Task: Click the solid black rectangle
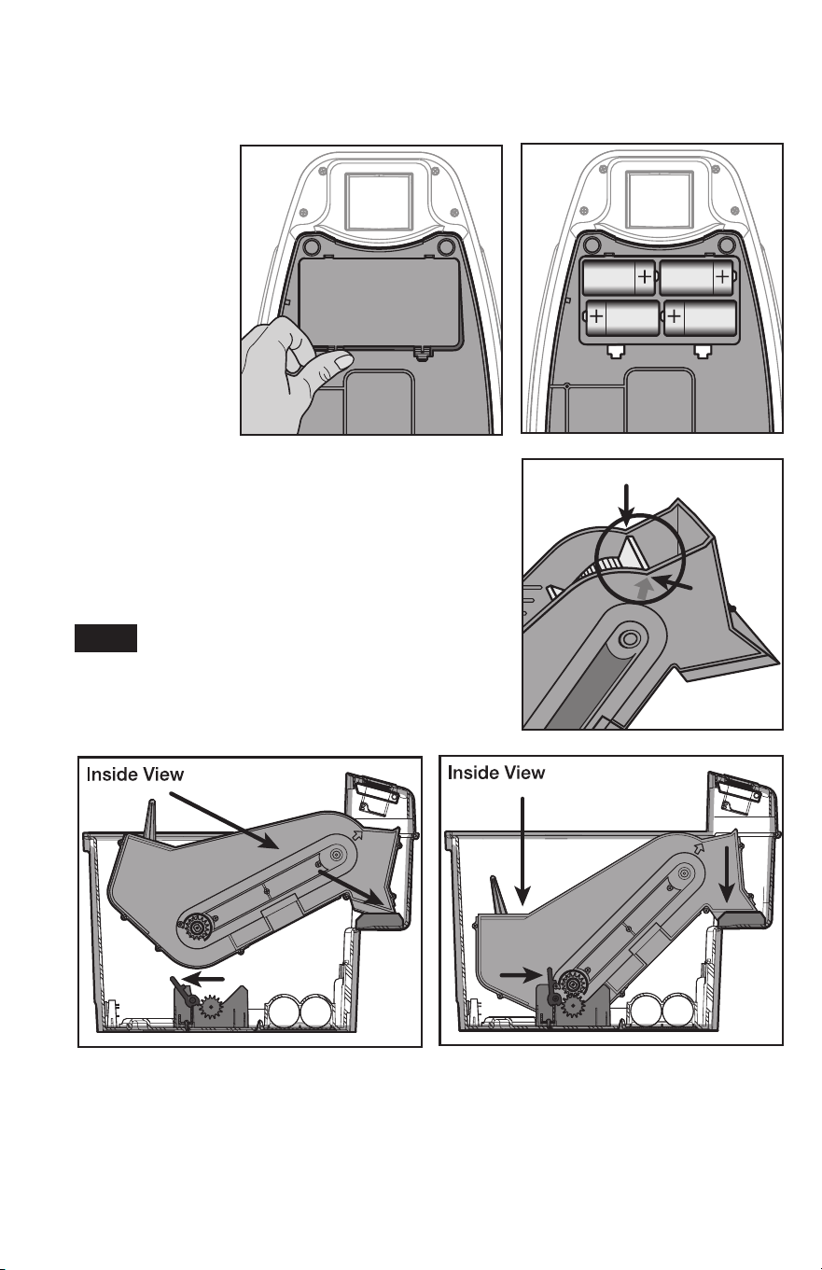point(106,638)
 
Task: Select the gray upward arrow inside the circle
point(642,588)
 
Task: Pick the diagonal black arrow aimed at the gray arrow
point(673,583)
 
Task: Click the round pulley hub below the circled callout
point(629,639)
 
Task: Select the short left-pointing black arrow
point(204,977)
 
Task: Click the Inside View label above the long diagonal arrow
point(135,774)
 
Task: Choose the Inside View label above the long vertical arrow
point(496,773)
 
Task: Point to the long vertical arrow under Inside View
point(522,850)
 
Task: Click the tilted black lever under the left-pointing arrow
point(183,989)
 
